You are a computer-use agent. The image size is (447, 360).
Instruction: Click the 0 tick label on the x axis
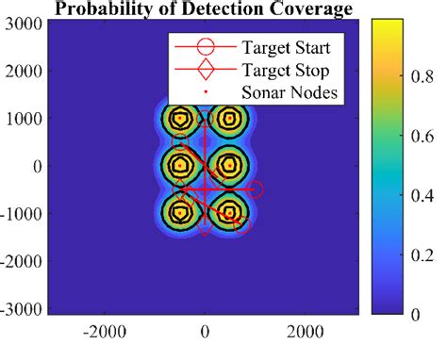click(205, 332)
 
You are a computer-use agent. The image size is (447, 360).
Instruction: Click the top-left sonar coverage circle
click(179, 119)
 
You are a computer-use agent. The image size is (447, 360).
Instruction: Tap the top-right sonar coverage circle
click(228, 119)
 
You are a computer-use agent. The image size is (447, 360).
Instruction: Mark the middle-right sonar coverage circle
click(228, 166)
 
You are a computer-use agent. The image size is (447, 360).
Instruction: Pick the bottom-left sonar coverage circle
click(179, 212)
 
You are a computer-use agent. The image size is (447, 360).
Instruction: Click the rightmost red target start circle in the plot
click(256, 189)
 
